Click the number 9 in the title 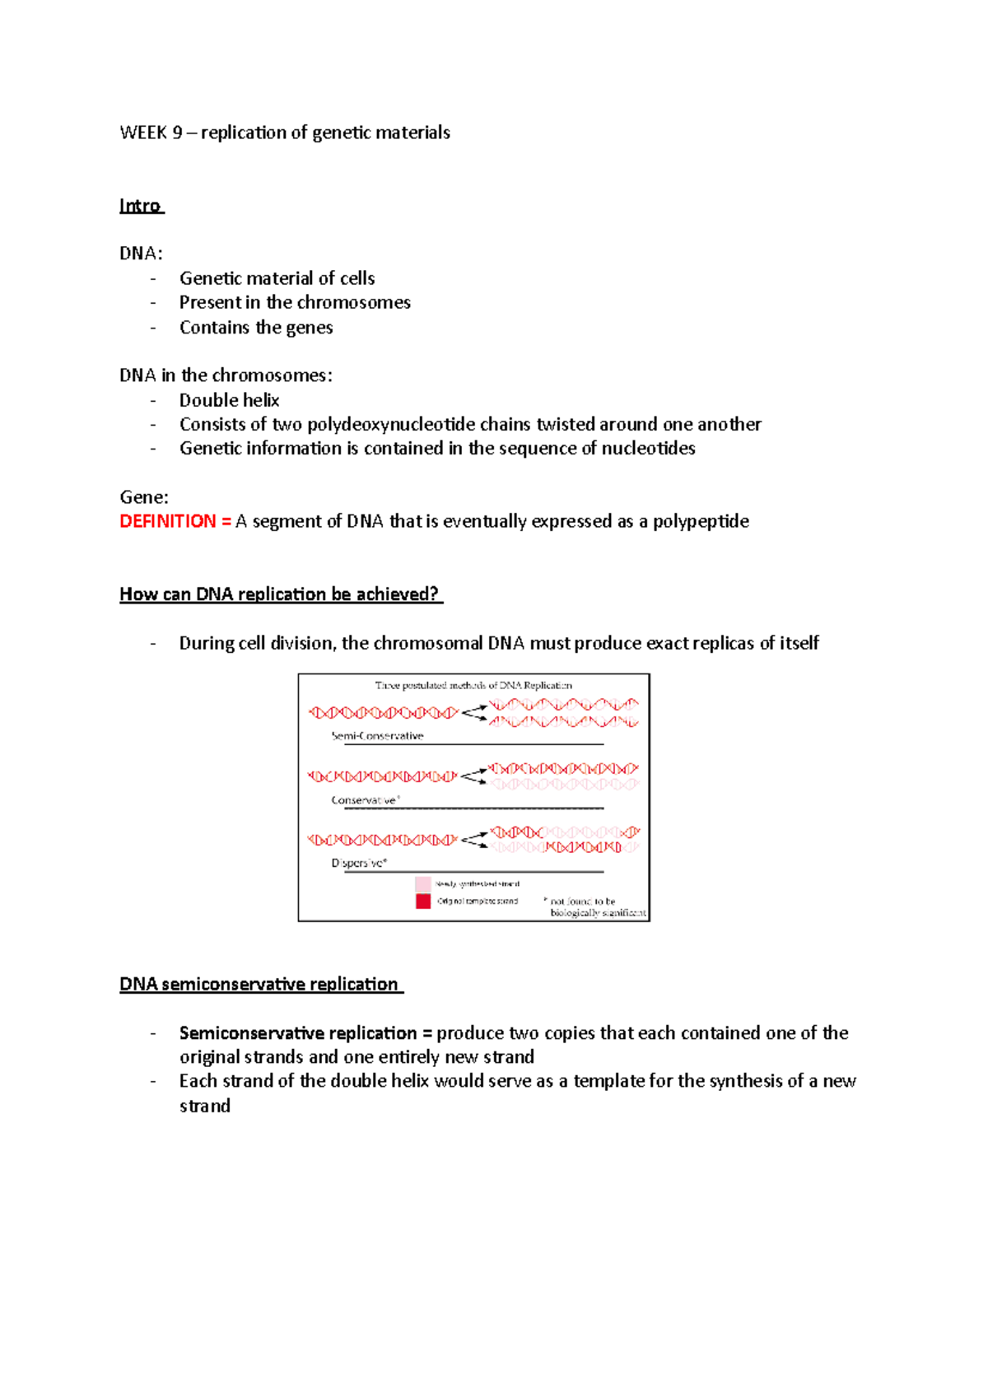click(177, 133)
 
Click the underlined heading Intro click(140, 206)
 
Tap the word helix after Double click(259, 400)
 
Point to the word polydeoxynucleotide click(391, 424)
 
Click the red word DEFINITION click(168, 521)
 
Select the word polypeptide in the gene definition click(701, 521)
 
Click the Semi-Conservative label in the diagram click(377, 736)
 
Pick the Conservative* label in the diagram click(366, 800)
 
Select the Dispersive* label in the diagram click(359, 864)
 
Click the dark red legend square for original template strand click(423, 902)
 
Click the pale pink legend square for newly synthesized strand click(423, 883)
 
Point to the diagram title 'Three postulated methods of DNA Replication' click(473, 685)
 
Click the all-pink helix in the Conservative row click(564, 785)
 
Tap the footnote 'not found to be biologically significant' click(594, 907)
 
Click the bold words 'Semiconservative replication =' click(305, 1033)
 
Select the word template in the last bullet click(609, 1081)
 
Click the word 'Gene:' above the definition click(144, 497)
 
